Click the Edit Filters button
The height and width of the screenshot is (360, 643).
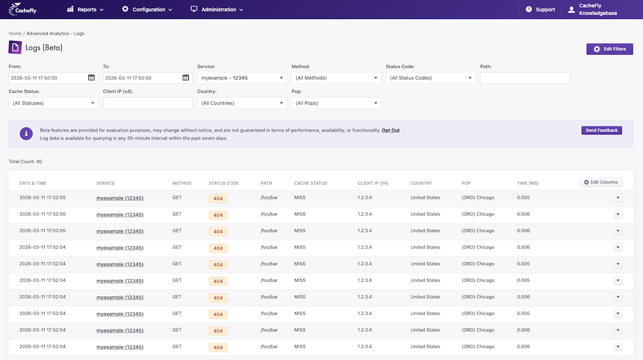pos(610,49)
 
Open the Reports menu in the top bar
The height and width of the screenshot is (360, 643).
pos(85,10)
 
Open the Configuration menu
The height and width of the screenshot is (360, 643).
pos(147,10)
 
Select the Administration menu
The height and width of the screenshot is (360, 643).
pos(217,10)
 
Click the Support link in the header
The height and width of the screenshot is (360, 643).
pos(540,10)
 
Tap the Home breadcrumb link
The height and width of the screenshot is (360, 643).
pos(15,33)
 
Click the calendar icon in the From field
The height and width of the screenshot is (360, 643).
pos(91,77)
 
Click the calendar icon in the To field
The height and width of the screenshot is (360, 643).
pos(186,77)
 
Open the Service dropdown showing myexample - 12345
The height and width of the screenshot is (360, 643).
pos(242,78)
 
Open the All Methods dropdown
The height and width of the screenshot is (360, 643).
pos(337,78)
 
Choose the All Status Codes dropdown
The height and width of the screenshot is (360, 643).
pos(431,78)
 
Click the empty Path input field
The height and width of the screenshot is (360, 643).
pos(525,78)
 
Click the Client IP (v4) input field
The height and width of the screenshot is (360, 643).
pos(148,103)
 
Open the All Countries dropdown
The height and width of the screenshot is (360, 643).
pos(242,103)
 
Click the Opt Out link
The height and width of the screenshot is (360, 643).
pos(390,130)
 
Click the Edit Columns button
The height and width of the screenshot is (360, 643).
pos(601,182)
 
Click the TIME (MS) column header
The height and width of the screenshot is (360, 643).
pos(527,183)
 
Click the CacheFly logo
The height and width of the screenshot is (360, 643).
pos(23,9)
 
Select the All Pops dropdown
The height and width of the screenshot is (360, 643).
pos(337,103)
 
